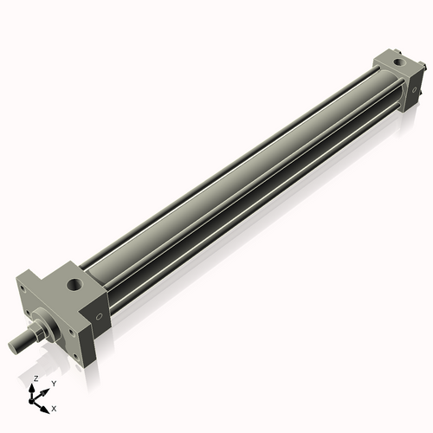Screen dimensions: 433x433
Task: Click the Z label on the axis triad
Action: click(x=36, y=378)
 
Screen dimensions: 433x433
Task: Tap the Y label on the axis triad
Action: click(x=54, y=384)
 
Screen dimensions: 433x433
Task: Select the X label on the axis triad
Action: click(x=54, y=409)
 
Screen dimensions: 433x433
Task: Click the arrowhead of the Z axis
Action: click(x=31, y=388)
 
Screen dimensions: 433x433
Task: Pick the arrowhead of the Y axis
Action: click(x=44, y=392)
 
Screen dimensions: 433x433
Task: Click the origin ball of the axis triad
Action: click(x=31, y=401)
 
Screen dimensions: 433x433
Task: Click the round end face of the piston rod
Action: click(x=13, y=346)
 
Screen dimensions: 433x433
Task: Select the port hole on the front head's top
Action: click(x=75, y=284)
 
